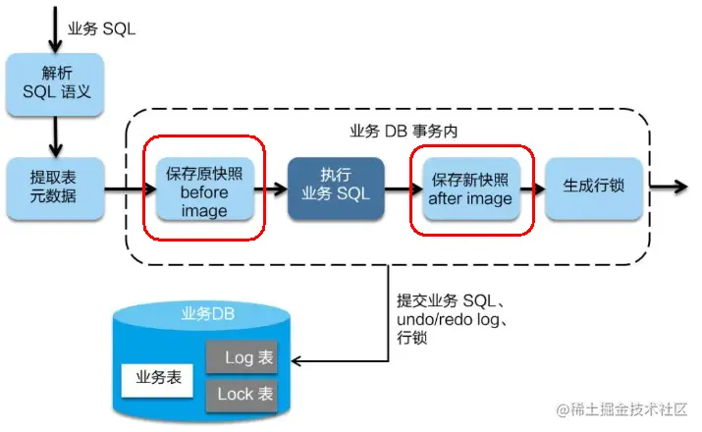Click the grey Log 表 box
point(242,357)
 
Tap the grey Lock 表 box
point(242,394)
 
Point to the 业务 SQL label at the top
point(101,29)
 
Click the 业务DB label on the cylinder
point(203,314)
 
